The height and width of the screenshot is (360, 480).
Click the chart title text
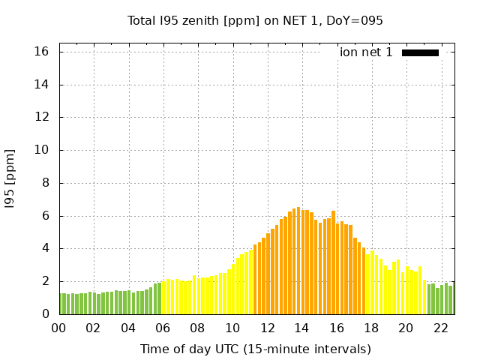tap(255, 21)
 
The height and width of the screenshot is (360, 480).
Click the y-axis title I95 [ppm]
tap(10, 178)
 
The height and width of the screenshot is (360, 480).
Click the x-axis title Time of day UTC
tap(255, 349)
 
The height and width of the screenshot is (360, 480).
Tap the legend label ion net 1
tap(366, 52)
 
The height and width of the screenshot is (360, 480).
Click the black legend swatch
tap(420, 52)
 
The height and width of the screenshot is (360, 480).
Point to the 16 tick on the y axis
tap(41, 52)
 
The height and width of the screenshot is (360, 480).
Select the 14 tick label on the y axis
tap(41, 85)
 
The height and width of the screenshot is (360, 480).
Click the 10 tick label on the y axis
tap(41, 150)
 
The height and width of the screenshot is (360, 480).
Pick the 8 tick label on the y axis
tap(45, 183)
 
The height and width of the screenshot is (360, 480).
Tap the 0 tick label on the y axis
tap(45, 314)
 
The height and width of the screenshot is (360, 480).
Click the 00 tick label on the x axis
tap(58, 328)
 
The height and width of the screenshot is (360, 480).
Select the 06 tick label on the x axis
tap(163, 328)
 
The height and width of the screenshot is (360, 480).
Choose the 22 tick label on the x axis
tap(440, 328)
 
